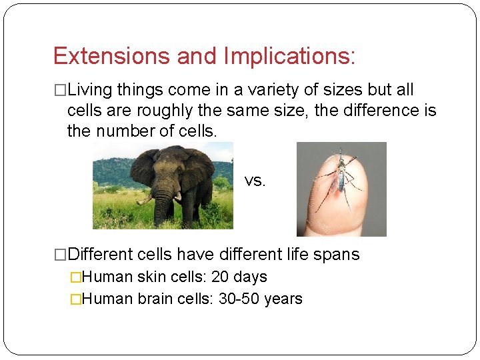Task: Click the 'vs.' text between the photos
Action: coord(255,181)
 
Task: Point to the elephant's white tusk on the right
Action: coord(178,197)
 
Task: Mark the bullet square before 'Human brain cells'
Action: coord(76,299)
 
